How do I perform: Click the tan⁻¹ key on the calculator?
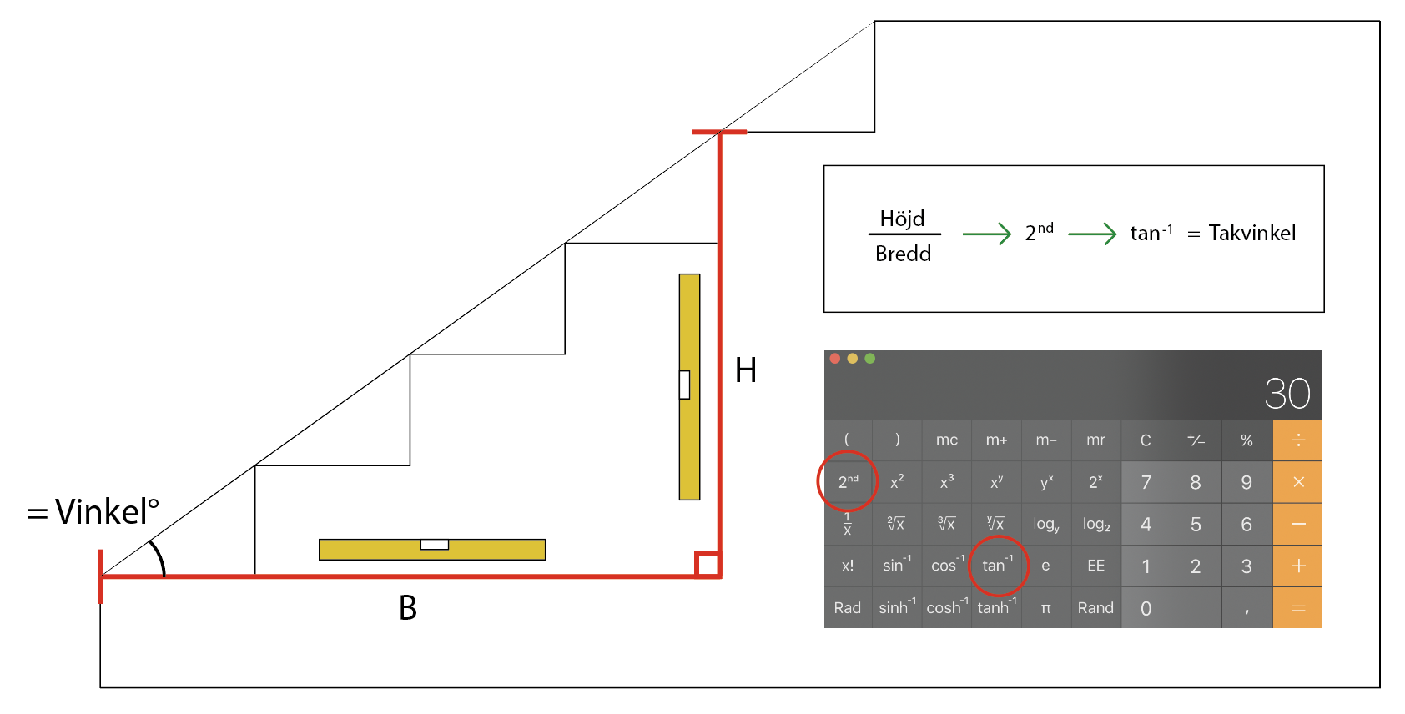(x=997, y=566)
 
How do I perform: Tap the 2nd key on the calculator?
(x=848, y=481)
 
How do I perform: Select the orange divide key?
(x=1297, y=440)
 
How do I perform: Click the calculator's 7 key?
(x=1146, y=482)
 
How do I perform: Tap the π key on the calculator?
(x=1045, y=608)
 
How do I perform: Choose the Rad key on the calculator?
(x=847, y=608)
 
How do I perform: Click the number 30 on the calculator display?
(x=1287, y=394)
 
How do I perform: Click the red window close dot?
(x=834, y=359)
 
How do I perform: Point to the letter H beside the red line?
(x=745, y=370)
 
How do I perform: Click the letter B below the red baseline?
(x=407, y=608)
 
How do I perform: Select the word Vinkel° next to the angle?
(x=107, y=511)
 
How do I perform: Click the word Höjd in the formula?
(x=902, y=219)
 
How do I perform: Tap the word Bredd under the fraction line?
(x=903, y=254)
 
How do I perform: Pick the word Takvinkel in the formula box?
(x=1251, y=233)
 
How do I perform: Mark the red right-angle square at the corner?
(x=708, y=565)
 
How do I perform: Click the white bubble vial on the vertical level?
(x=684, y=385)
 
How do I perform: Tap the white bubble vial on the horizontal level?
(x=434, y=545)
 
